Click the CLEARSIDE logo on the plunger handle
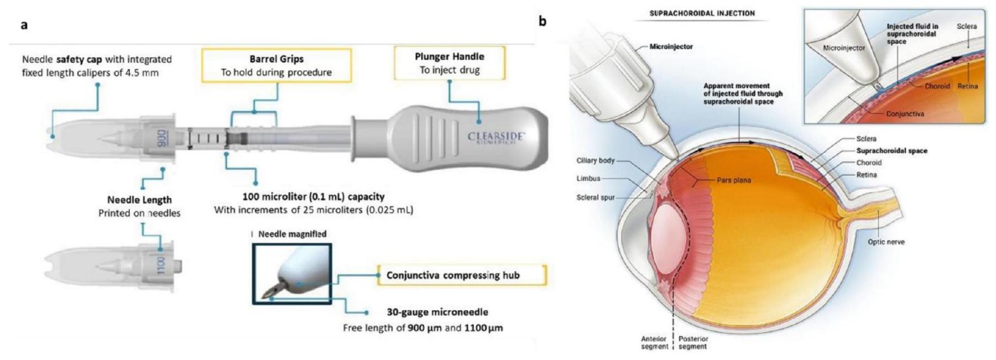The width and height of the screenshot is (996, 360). click(x=497, y=137)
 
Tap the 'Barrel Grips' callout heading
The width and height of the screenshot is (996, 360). click(x=276, y=59)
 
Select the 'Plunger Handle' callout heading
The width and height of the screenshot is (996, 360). click(x=449, y=56)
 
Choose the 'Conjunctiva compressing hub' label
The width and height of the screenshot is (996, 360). click(x=453, y=275)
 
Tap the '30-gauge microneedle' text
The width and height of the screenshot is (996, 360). click(x=437, y=312)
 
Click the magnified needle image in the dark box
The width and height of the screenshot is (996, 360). click(x=292, y=274)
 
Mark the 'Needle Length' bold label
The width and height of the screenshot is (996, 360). click(x=139, y=200)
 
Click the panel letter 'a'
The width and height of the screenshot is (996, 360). click(x=24, y=25)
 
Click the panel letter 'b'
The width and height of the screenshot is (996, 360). click(x=543, y=22)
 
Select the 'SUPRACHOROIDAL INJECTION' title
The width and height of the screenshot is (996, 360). click(x=702, y=13)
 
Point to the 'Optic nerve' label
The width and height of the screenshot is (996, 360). click(x=886, y=242)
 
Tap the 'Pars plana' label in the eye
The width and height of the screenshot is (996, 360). click(x=734, y=180)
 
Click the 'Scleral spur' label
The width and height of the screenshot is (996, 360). click(x=595, y=197)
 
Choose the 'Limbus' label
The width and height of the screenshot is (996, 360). click(x=588, y=179)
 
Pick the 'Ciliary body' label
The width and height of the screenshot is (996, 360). click(x=595, y=160)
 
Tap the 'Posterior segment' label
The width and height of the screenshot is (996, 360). click(x=693, y=342)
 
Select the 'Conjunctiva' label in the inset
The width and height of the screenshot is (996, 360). click(x=905, y=114)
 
